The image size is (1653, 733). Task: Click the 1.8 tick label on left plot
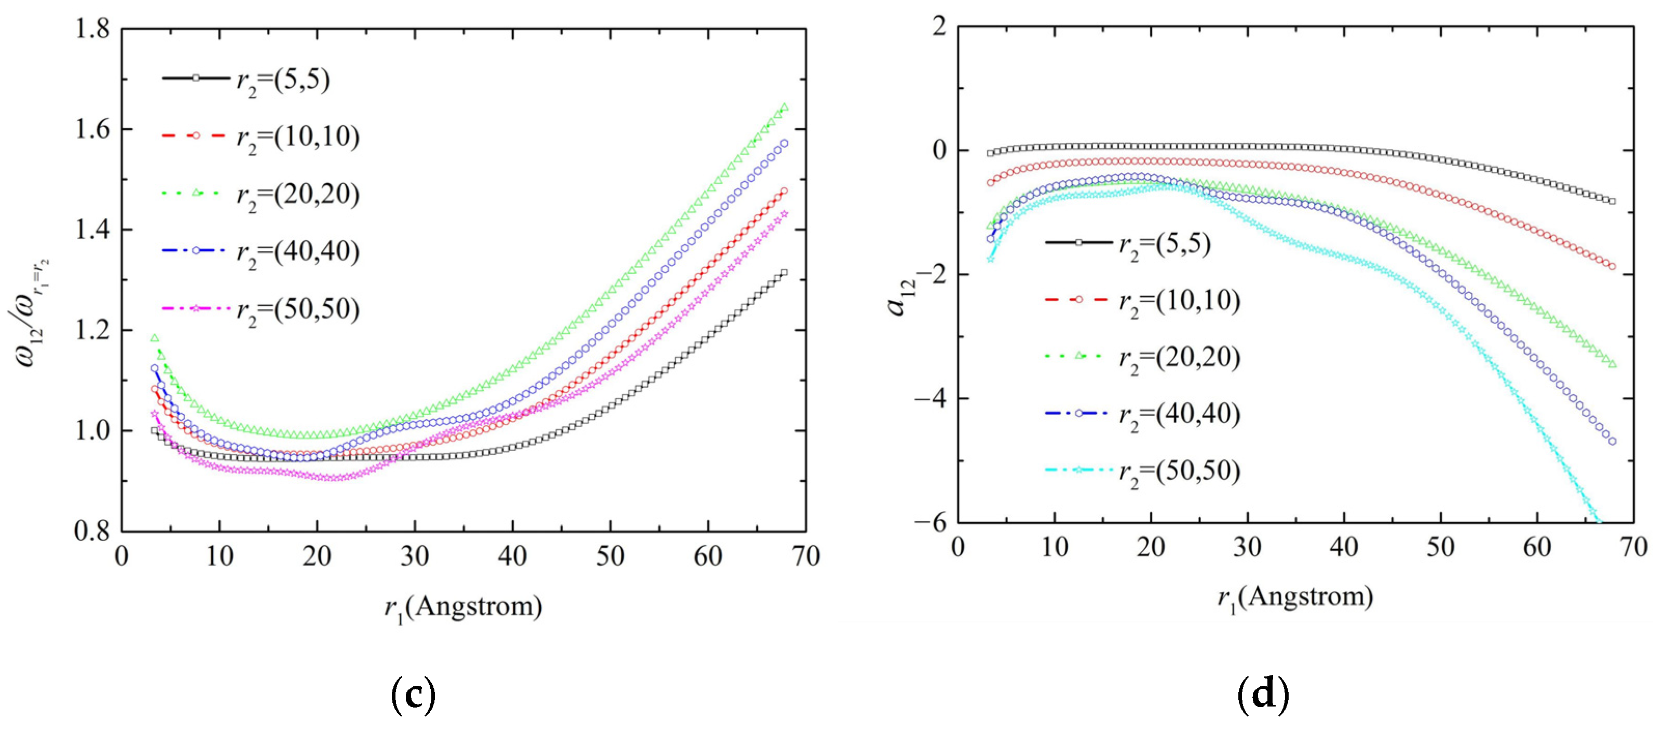(x=92, y=30)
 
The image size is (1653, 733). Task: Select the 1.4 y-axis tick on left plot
(x=92, y=230)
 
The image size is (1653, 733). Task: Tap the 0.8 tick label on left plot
(x=92, y=532)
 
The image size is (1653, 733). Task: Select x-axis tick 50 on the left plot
(x=610, y=556)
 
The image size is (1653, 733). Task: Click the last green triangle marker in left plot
(x=784, y=107)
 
